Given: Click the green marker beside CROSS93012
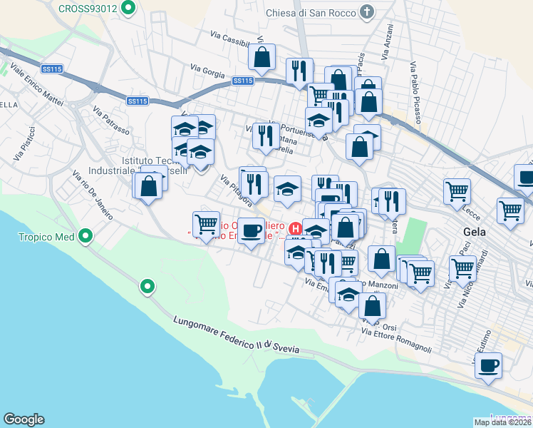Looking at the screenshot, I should click(128, 9).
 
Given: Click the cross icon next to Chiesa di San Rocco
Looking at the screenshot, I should click(366, 11).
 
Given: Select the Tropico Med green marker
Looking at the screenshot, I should click(86, 235).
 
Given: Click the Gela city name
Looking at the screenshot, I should click(475, 232).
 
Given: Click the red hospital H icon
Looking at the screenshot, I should click(296, 229).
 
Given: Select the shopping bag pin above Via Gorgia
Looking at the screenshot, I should click(262, 58).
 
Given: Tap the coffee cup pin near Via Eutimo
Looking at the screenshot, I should click(488, 366).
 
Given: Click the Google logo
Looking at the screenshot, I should click(24, 419).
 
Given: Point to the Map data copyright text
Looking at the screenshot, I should click(502, 422).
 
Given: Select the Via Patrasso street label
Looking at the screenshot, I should click(111, 121).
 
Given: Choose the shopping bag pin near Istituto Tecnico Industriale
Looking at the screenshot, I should click(149, 186).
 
